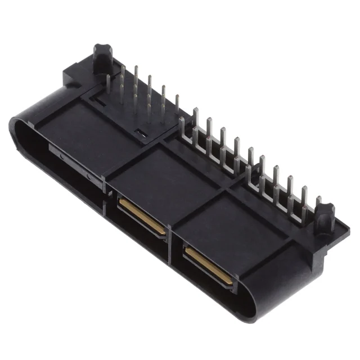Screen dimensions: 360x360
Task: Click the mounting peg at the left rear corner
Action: [x=103, y=55]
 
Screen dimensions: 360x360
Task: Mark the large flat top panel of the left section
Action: [x=84, y=129]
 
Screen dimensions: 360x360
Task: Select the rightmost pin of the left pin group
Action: [x=177, y=104]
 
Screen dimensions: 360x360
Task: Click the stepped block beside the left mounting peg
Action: [x=76, y=73]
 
